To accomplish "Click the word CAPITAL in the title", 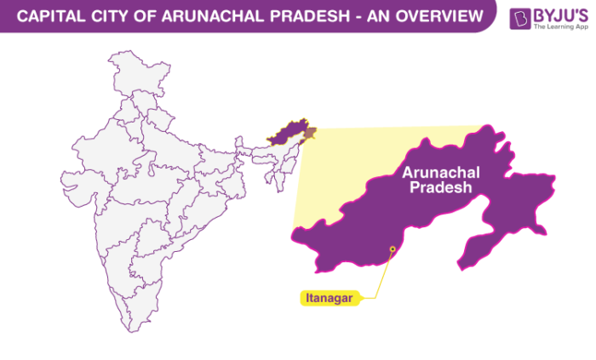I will [46, 15].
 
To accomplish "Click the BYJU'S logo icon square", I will [519, 18].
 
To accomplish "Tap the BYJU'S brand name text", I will [559, 14].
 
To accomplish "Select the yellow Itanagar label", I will [327, 298].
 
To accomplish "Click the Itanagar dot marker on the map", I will [393, 249].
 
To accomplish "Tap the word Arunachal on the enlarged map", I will [440, 173].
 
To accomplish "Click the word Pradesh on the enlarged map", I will [440, 188].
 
